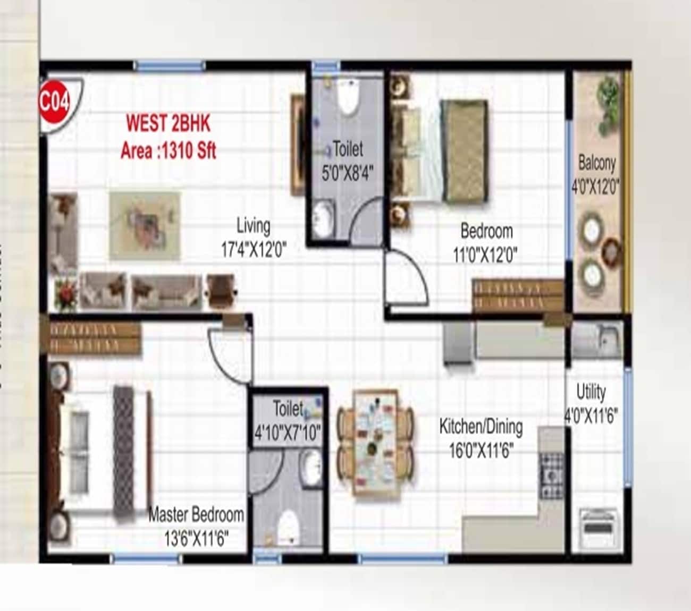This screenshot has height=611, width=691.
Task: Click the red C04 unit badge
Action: pyautogui.click(x=54, y=102)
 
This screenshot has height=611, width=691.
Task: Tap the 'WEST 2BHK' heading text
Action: pyautogui.click(x=168, y=123)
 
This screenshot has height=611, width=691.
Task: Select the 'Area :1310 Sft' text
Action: pyautogui.click(x=168, y=151)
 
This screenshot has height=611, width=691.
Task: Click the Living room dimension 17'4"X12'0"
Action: pyautogui.click(x=254, y=249)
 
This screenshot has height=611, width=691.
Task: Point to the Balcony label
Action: pyautogui.click(x=596, y=163)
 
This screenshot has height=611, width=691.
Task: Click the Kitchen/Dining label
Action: pyautogui.click(x=481, y=426)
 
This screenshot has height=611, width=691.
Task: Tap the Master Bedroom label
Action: pyautogui.click(x=196, y=514)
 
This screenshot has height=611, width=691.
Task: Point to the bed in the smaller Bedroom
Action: pyautogui.click(x=441, y=151)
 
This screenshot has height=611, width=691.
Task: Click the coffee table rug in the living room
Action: pyautogui.click(x=145, y=225)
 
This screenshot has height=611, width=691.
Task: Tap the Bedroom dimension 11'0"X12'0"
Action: pyautogui.click(x=485, y=256)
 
